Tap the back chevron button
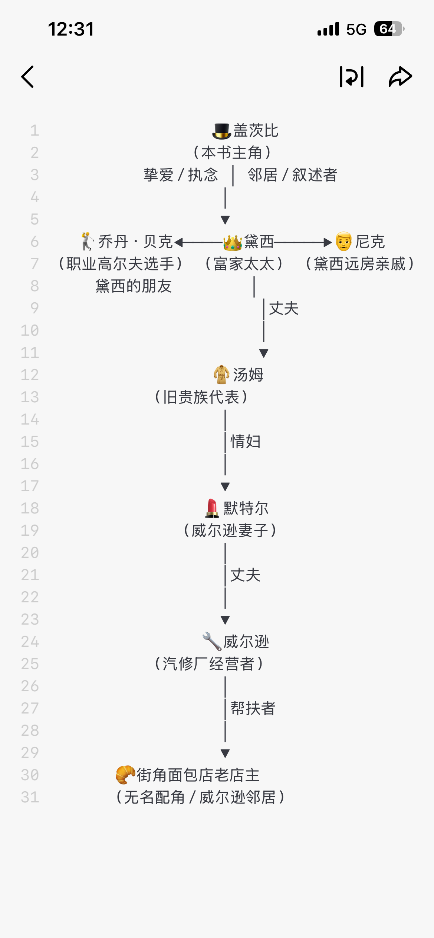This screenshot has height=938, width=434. [x=28, y=77]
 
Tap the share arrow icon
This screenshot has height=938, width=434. [x=400, y=77]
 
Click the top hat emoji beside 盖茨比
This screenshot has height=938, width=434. [x=221, y=131]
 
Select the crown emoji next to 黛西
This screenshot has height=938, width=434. [x=233, y=242]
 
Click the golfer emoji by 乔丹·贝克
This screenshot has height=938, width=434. [x=88, y=242]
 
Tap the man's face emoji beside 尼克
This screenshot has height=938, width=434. [x=343, y=242]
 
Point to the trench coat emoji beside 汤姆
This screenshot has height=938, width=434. [x=221, y=375]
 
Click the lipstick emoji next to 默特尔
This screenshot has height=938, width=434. [x=212, y=508]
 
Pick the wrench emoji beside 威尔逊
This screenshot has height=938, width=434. [x=212, y=641]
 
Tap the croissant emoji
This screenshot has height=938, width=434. [x=125, y=775]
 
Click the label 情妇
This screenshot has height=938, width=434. [x=246, y=442]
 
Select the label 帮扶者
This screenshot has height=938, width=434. [x=253, y=708]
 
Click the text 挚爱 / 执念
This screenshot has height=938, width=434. [x=181, y=175]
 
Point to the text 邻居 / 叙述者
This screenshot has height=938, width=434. [x=292, y=175]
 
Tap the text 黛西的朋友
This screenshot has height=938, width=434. [x=134, y=286]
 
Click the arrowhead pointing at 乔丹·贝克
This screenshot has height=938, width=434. [x=179, y=242]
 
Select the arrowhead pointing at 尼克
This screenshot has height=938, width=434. [x=327, y=242]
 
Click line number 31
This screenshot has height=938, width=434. [x=30, y=797]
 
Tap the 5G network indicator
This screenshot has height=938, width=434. [x=356, y=29]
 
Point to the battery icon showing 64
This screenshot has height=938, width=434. [x=388, y=29]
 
